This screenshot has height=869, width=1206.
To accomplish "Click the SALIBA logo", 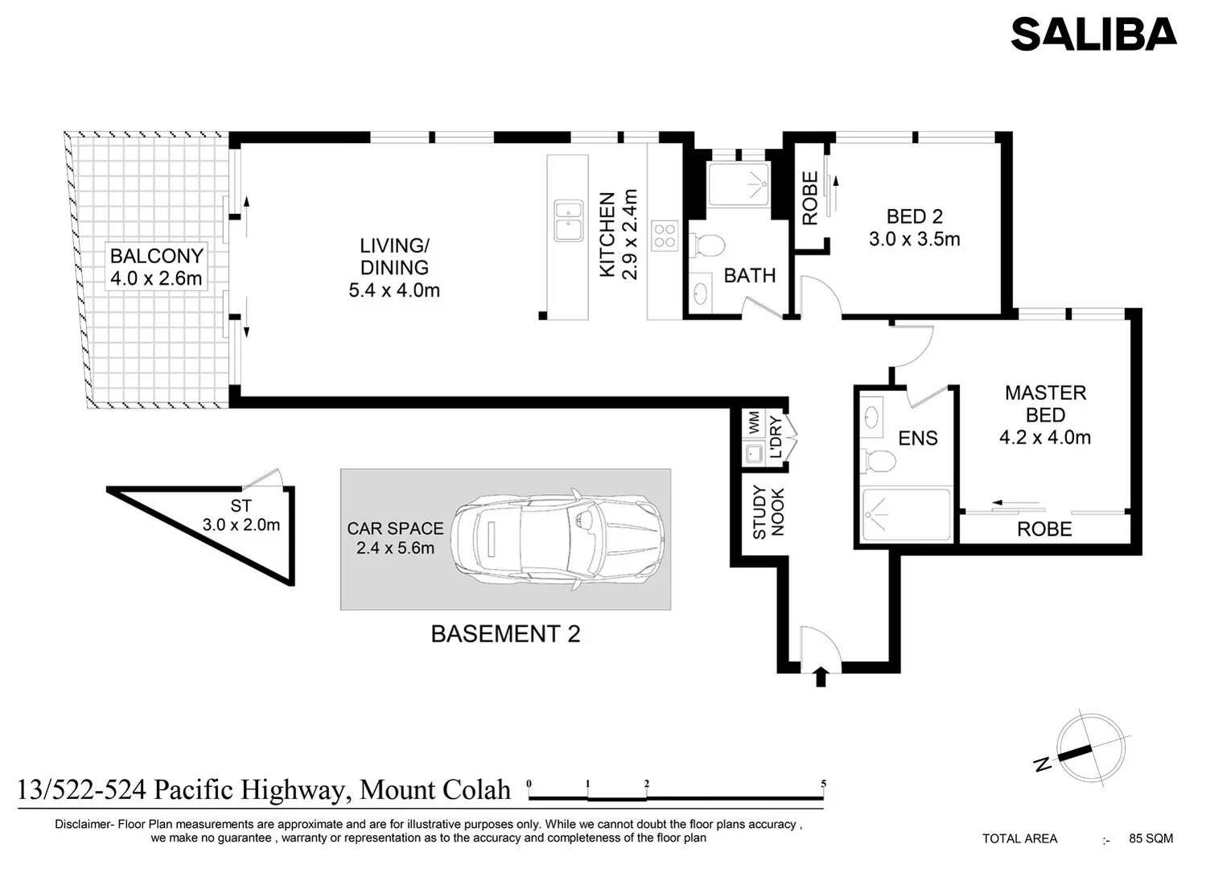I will [1093, 34].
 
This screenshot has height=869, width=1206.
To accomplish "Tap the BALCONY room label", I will [156, 257].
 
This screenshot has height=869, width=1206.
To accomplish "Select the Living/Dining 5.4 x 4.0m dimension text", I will [394, 290].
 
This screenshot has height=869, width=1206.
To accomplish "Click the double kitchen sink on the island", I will [568, 220].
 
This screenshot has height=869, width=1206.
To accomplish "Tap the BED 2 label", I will [914, 216].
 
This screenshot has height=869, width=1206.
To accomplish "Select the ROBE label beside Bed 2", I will [810, 198].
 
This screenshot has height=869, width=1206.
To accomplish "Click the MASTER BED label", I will [1045, 404].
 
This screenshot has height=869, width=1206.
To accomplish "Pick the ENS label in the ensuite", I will [918, 439].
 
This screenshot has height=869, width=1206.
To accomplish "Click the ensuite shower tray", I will [906, 514].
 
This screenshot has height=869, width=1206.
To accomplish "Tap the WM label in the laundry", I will [754, 420].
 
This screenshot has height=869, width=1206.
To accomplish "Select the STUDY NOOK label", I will [768, 513].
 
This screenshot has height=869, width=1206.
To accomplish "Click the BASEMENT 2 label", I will [505, 634].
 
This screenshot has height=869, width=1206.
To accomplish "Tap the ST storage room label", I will [241, 506].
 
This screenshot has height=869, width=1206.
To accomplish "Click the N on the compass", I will [1043, 764].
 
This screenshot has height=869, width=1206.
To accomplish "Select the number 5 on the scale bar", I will [823, 784].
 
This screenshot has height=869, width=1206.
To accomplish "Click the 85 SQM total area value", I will [1150, 838].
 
